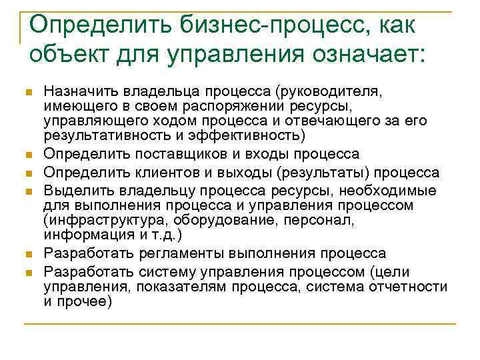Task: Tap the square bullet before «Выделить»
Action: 27,191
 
